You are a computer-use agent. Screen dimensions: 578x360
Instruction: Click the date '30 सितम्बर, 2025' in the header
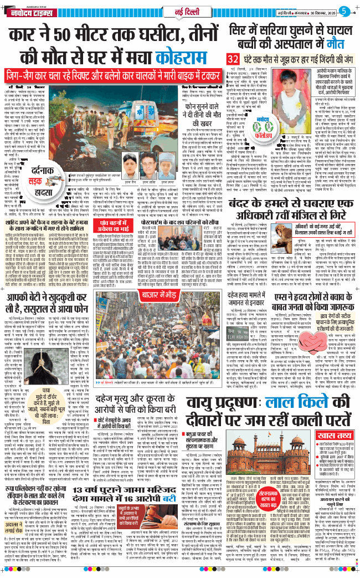[319, 11]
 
